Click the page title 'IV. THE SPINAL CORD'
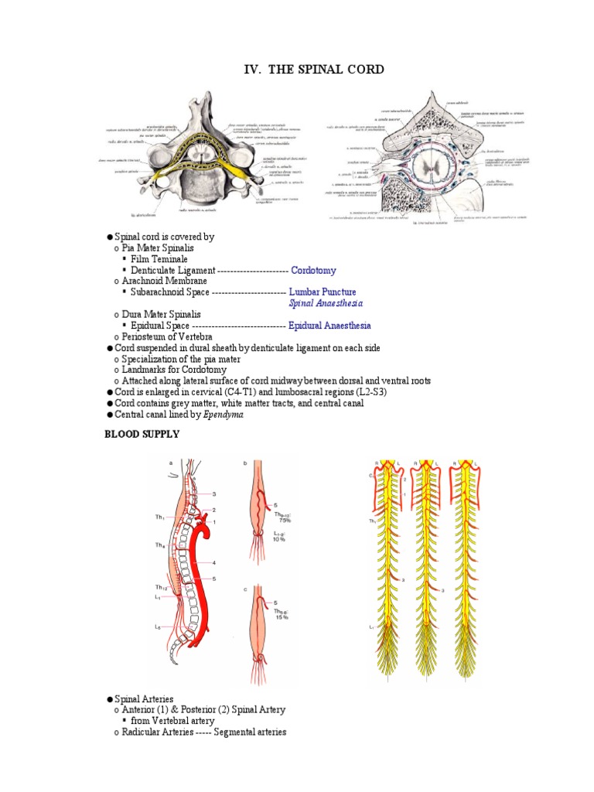(313, 70)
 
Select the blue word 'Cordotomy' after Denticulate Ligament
(313, 270)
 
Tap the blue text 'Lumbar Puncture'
(323, 292)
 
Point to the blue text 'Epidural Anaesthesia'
(329, 326)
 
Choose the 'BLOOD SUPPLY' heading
(142, 435)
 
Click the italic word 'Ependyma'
(223, 415)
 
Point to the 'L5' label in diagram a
(157, 626)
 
